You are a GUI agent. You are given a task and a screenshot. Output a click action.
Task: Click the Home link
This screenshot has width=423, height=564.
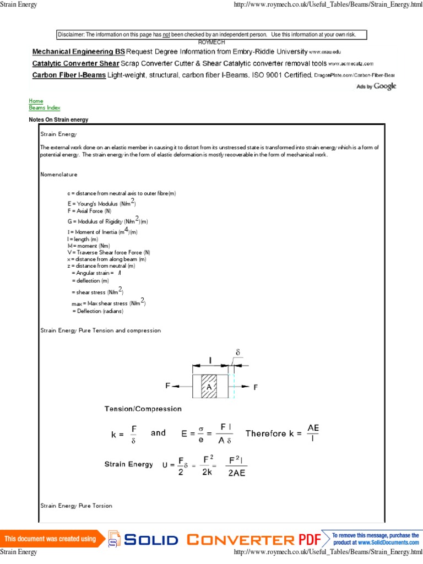click(x=36, y=101)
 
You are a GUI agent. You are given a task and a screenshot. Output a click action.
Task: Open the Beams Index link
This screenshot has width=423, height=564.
click(x=45, y=108)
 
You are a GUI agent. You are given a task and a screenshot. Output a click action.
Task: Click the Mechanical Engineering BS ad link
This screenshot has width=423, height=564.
click(x=78, y=52)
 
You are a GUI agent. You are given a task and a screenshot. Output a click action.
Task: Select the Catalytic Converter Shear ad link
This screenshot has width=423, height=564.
click(x=75, y=63)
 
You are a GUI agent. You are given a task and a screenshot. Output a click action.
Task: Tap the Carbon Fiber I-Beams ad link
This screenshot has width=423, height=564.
click(x=69, y=75)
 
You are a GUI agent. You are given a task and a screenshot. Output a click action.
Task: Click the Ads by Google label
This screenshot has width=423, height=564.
click(x=377, y=86)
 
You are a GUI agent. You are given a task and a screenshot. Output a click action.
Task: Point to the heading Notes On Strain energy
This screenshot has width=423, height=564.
click(x=58, y=120)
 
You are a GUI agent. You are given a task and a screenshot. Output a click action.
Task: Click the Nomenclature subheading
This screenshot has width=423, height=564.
click(x=59, y=175)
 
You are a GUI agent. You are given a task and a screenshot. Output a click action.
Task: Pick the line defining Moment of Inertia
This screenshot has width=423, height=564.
click(x=101, y=231)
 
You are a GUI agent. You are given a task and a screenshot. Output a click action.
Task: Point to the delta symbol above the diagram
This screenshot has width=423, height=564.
click(x=237, y=352)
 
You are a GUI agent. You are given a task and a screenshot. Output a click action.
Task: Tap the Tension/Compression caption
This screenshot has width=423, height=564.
click(x=143, y=409)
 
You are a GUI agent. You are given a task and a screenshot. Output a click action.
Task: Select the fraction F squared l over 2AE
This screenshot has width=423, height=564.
click(x=237, y=465)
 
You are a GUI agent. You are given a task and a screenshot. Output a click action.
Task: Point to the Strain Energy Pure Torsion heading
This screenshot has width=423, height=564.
click(x=76, y=505)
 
